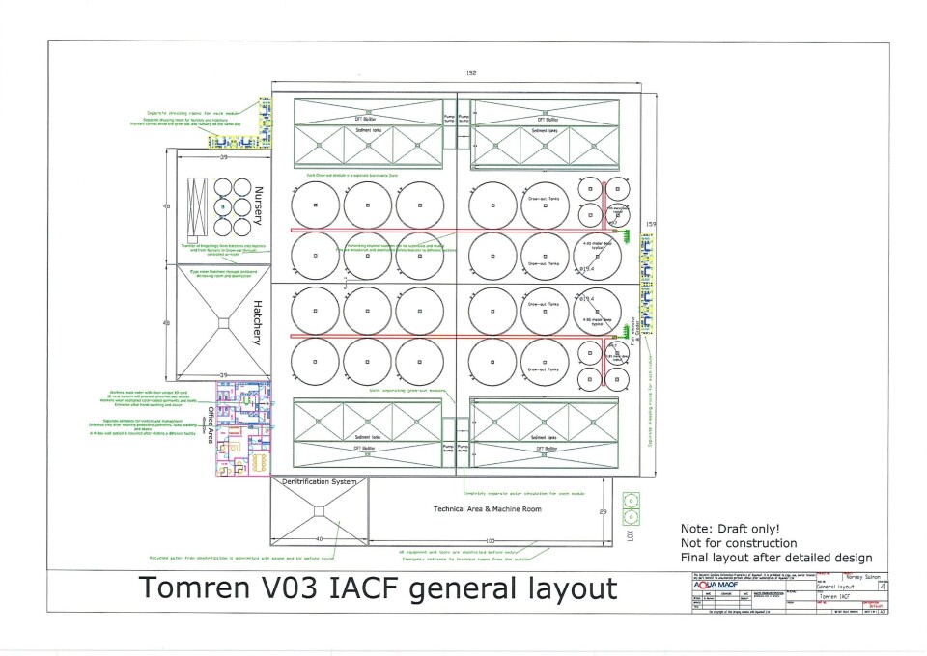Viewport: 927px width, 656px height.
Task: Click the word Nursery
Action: coord(258,206)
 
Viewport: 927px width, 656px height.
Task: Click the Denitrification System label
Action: coord(319,481)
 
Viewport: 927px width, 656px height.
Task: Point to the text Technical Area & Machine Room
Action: coord(488,508)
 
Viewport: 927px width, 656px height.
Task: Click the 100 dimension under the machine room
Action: coord(491,540)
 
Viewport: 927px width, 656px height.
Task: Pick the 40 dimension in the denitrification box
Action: coord(319,539)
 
